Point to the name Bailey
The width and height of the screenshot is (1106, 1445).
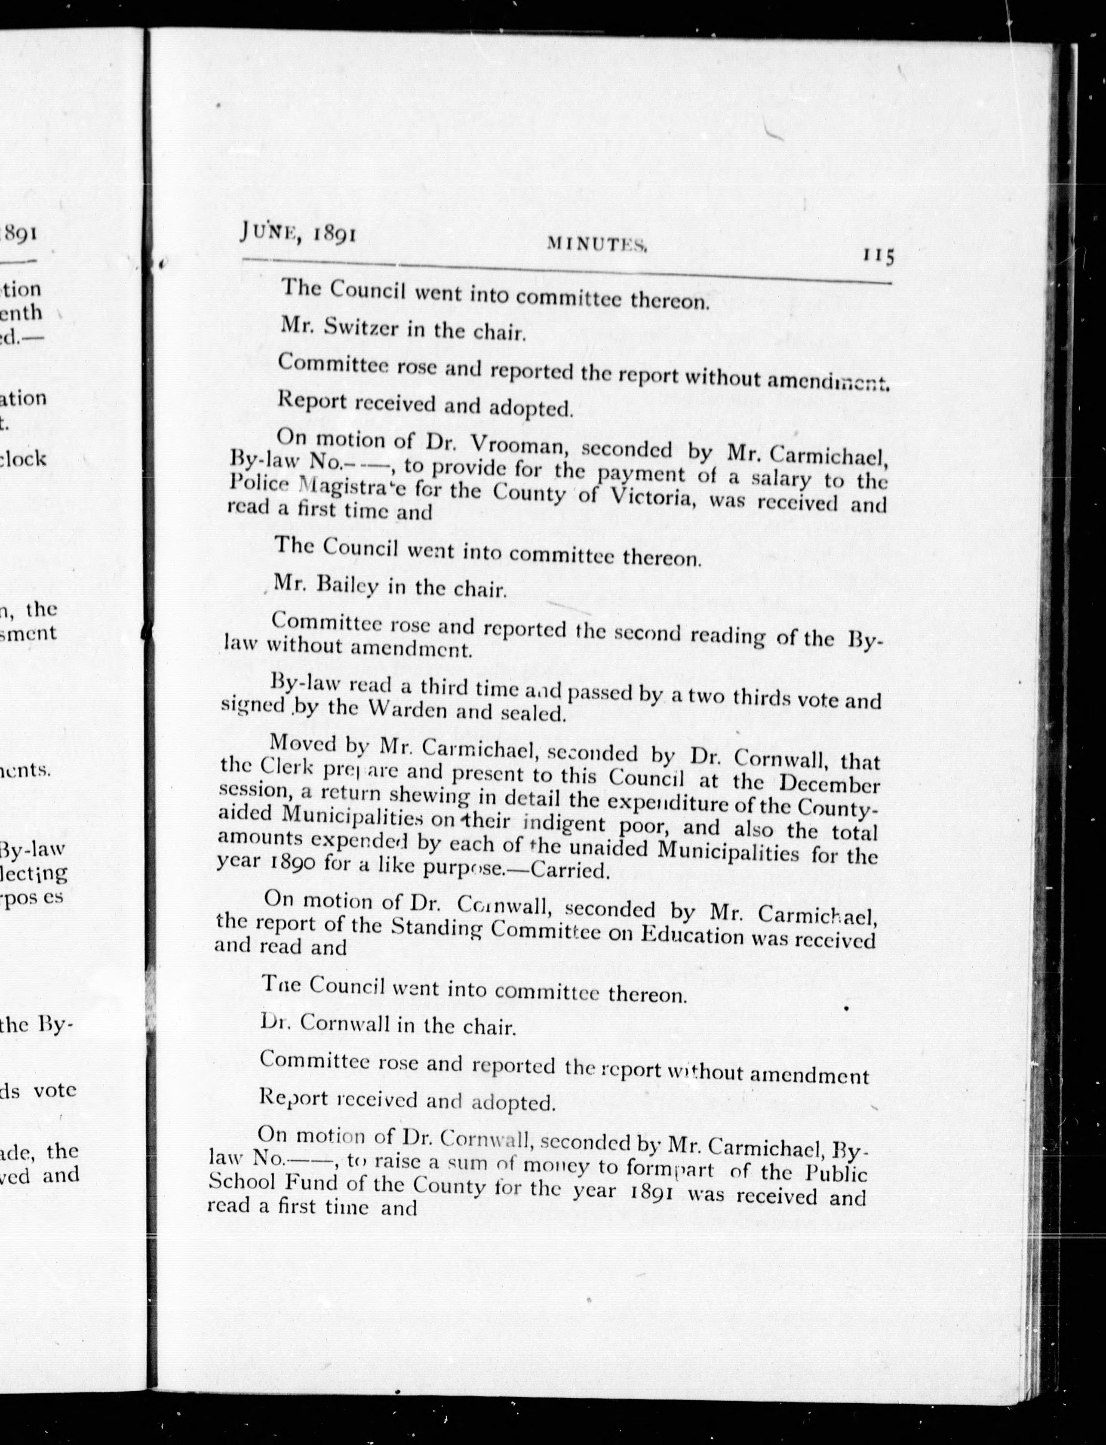click(x=346, y=584)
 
